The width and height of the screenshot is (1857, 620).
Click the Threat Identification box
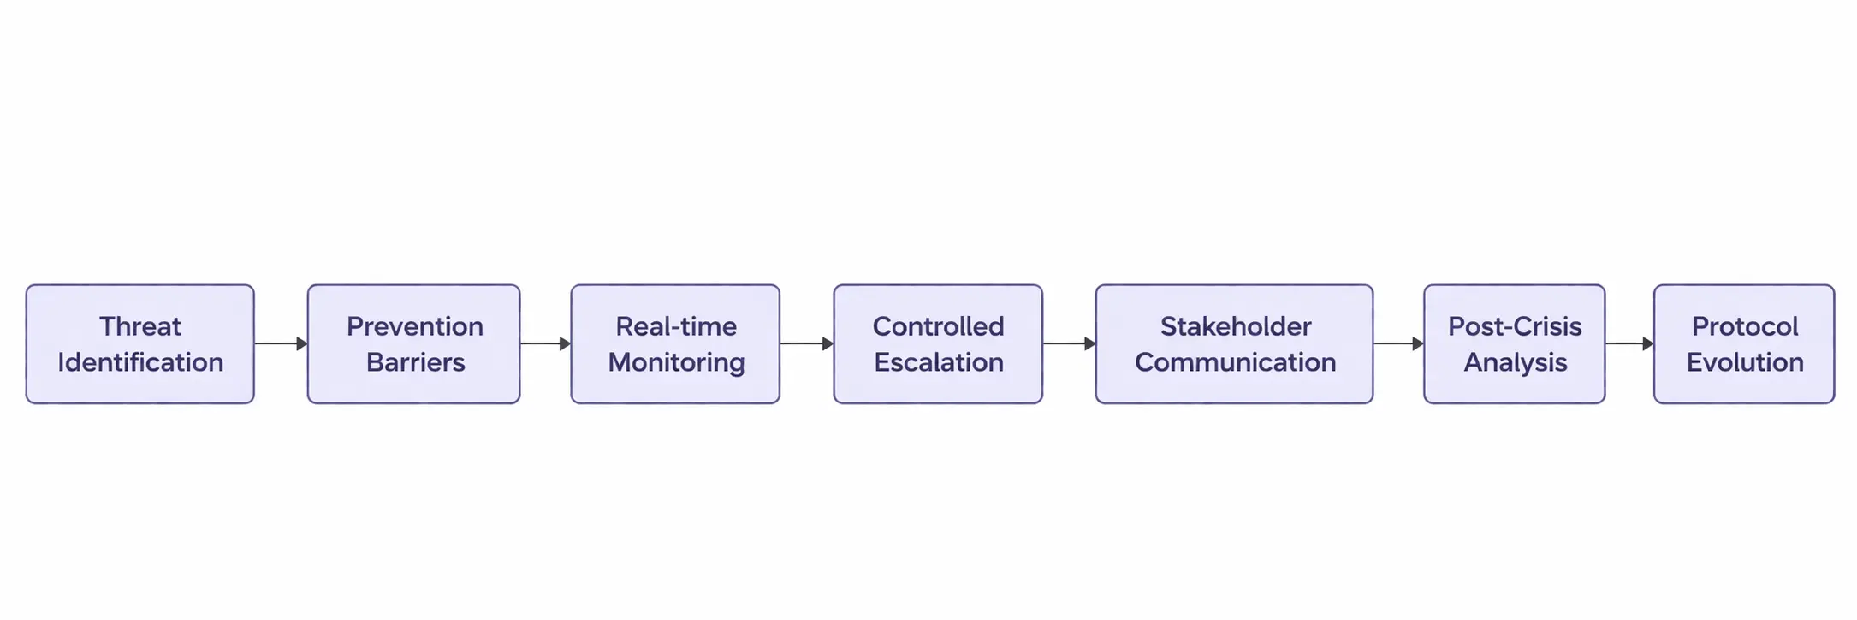coord(139,344)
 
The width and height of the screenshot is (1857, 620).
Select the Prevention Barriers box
coord(413,344)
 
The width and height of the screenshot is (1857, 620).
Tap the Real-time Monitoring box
coord(675,344)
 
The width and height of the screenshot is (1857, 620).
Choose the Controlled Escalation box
coord(938,344)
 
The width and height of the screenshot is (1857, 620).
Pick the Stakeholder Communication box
coord(1234,344)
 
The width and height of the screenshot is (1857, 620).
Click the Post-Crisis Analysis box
coord(1514,344)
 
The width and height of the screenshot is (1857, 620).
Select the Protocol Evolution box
coord(1744,344)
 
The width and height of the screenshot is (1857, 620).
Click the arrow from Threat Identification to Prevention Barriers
coord(281,343)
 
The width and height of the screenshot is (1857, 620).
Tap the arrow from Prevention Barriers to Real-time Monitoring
coord(545,343)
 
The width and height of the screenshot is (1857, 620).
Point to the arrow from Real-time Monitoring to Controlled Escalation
coord(806,343)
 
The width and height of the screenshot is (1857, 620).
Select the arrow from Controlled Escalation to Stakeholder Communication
coord(1069,343)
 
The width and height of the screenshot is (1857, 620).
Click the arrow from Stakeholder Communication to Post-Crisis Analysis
coord(1398,343)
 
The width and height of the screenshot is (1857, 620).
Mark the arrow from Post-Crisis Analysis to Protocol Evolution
coord(1629,343)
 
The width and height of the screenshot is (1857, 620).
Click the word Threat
coord(140,326)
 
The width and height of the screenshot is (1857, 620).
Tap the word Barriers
coord(415,362)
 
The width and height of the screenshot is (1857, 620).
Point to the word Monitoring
coord(676,362)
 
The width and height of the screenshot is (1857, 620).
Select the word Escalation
coord(939,362)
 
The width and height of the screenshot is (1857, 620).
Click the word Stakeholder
coord(1236,326)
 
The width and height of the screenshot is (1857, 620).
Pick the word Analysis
coord(1515,362)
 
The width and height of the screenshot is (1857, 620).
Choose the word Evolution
coord(1745,362)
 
